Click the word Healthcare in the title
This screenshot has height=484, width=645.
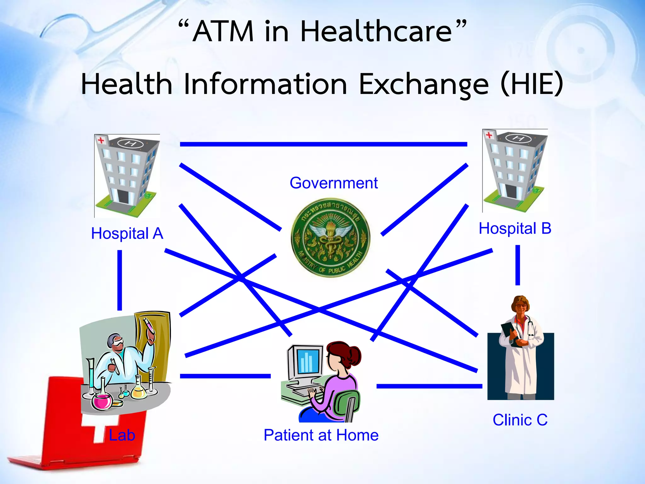376,32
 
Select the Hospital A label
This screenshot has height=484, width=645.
127,234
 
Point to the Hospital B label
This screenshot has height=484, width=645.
515,228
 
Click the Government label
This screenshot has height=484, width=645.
334,183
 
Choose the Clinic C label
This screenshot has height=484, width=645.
520,420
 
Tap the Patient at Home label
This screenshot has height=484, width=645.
321,435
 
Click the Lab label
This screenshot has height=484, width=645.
122,435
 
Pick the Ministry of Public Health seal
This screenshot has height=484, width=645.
330,238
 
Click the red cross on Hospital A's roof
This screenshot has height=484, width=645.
101,140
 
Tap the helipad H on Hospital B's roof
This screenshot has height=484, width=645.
518,138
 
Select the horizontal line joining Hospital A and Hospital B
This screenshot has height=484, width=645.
323,144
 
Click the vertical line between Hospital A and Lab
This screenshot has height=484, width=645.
120,280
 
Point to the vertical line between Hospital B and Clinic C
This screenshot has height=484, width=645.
517,265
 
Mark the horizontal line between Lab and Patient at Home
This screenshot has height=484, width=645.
225,376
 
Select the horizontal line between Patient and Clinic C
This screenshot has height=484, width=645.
429,386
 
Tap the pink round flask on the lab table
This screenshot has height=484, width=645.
102,401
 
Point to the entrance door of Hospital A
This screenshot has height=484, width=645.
123,197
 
